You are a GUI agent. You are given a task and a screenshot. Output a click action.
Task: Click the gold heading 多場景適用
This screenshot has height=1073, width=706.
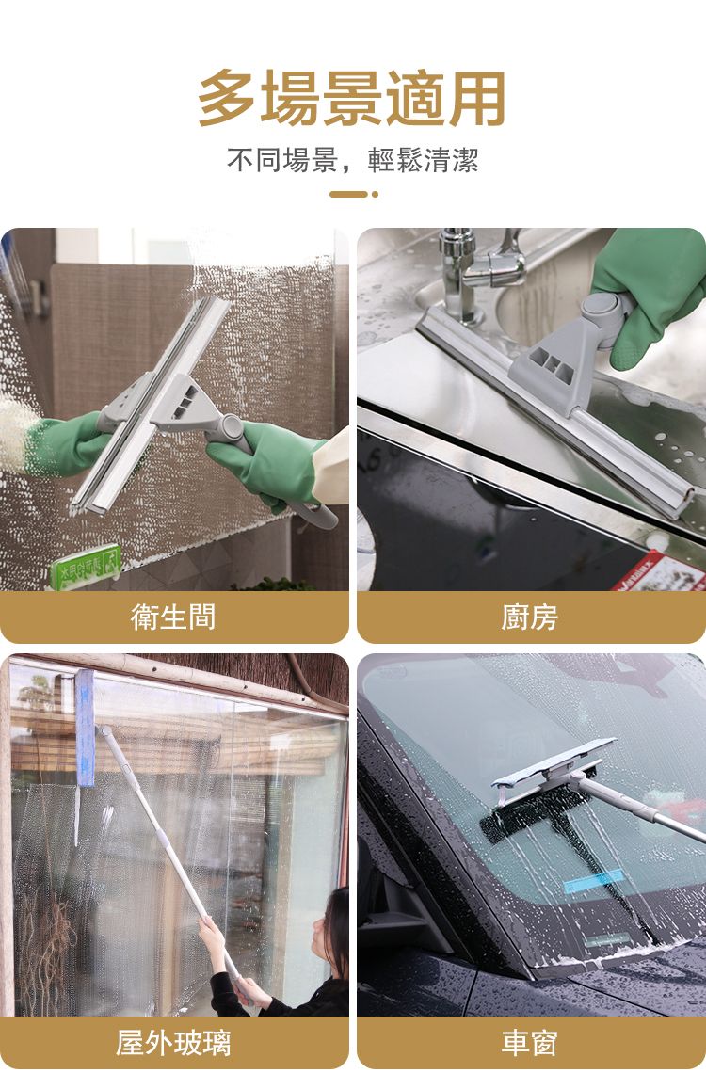(x=352, y=98)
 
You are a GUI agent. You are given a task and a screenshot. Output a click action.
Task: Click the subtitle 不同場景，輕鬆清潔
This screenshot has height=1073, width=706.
(x=352, y=160)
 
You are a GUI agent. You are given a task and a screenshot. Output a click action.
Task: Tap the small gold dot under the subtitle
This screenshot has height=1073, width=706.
(x=375, y=194)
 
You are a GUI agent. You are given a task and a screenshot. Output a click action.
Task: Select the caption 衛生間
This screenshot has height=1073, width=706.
(x=173, y=617)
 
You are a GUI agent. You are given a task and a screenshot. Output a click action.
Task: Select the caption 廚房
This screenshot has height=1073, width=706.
(x=529, y=617)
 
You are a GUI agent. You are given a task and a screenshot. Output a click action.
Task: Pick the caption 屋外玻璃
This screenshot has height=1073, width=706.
(x=173, y=1042)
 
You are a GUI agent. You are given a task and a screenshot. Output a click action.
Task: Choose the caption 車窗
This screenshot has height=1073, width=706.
(x=529, y=1042)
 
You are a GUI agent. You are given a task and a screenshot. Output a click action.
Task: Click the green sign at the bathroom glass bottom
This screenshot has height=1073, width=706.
(x=86, y=568)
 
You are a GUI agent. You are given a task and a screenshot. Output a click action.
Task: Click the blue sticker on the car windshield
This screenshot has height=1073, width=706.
(x=593, y=881)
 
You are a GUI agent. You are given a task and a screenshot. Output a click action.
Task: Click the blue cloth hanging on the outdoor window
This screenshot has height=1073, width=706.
(x=85, y=729)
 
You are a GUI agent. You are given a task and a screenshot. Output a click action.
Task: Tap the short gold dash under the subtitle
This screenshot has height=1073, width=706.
(x=348, y=194)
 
